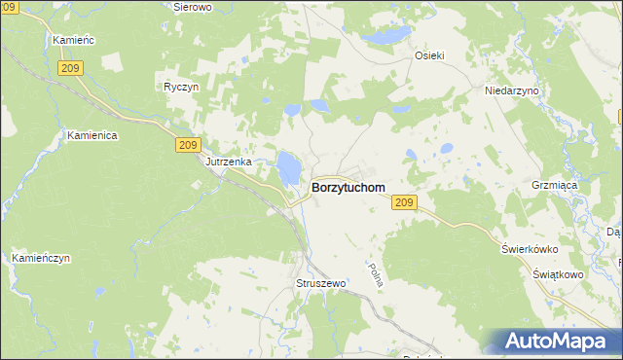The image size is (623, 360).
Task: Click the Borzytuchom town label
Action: point(348,187)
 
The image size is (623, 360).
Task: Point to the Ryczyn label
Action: point(182,86)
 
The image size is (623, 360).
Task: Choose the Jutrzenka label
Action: point(229,162)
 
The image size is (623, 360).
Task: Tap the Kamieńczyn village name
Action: point(42,259)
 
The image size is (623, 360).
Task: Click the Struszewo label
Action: point(320,283)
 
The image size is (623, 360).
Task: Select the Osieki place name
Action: point(429,56)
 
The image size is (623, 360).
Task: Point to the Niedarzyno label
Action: point(511,90)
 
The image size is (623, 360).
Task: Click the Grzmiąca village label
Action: point(580,183)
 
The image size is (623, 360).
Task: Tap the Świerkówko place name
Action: point(533,248)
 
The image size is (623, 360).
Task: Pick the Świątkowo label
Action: point(558,275)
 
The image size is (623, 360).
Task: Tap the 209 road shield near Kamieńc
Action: point(69,67)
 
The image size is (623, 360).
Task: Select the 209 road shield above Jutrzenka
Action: point(190,144)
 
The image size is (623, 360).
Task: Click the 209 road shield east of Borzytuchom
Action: point(406,202)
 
